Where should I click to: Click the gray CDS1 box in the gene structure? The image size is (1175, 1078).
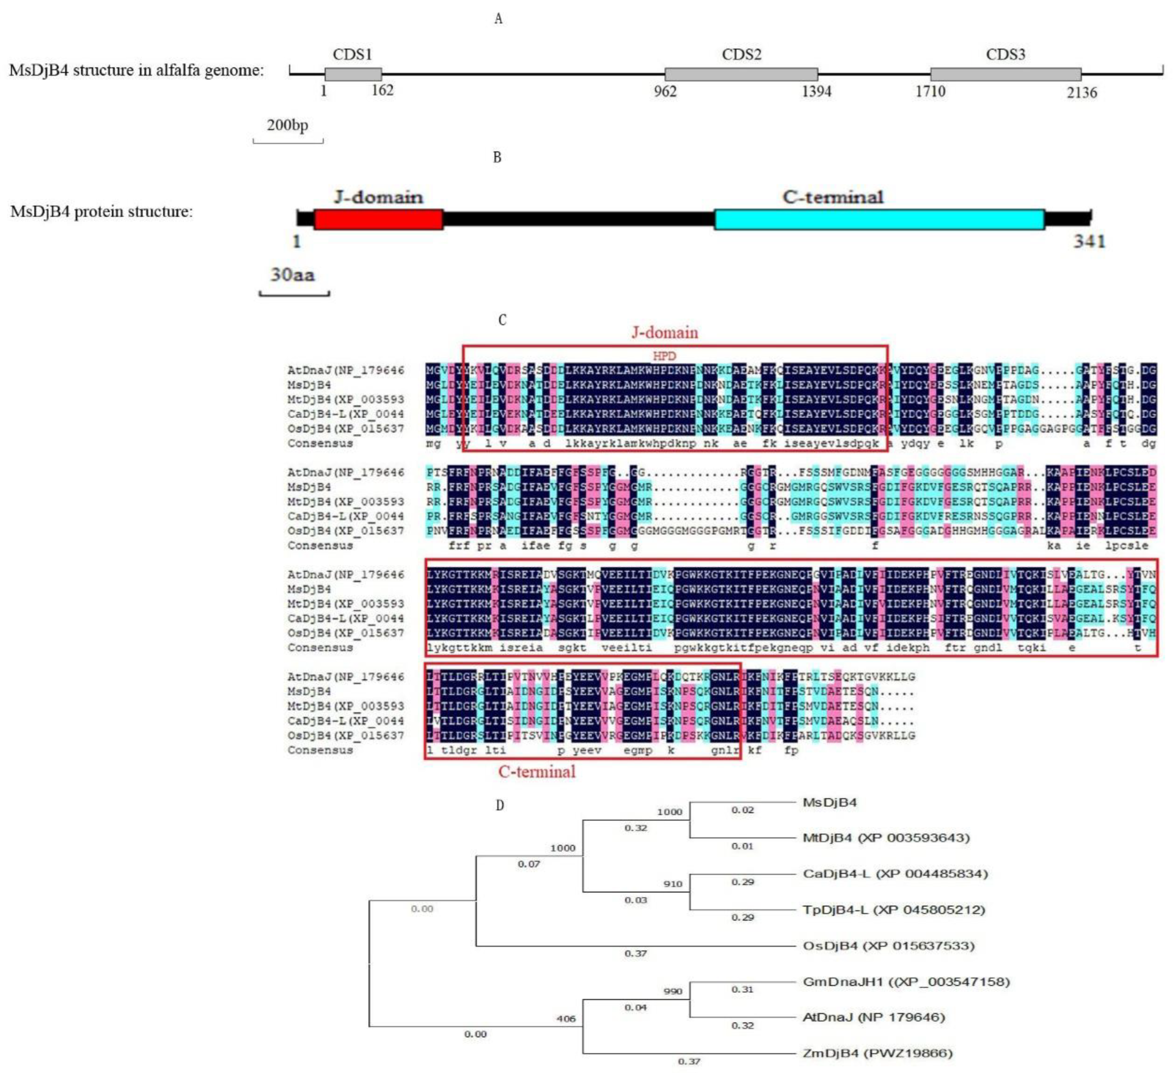[x=353, y=74]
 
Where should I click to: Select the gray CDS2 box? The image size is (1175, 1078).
[x=741, y=74]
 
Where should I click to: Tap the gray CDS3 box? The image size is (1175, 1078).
[x=1005, y=74]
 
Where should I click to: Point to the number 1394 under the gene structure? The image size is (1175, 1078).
[x=816, y=91]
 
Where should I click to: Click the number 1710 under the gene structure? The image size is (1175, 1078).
[x=930, y=91]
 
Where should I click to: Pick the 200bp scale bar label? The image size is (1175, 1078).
[x=287, y=125]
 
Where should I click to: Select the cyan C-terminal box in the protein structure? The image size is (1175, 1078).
[x=879, y=219]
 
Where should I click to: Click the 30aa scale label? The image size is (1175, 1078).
[x=292, y=274]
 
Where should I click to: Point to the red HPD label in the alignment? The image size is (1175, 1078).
[x=664, y=356]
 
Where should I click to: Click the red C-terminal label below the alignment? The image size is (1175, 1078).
[x=536, y=772]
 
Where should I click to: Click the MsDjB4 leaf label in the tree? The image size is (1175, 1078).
[x=829, y=803]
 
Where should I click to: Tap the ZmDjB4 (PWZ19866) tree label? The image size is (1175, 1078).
[x=877, y=1053]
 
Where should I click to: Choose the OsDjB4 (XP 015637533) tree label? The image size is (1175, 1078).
[x=888, y=946]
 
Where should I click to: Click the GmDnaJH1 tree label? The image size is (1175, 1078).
[x=906, y=982]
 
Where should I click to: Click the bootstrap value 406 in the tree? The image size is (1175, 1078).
[x=566, y=1019]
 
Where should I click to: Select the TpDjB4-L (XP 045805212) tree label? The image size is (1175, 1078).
[x=893, y=909]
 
